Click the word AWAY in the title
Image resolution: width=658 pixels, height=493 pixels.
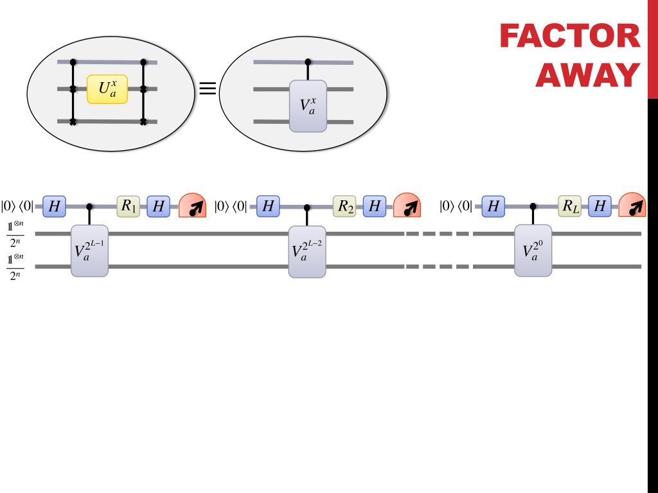(x=587, y=76)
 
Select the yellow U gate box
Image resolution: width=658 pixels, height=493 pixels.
(x=107, y=89)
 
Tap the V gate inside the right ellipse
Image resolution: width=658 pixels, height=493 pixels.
(x=308, y=106)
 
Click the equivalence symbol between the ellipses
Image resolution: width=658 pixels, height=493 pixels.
(x=207, y=88)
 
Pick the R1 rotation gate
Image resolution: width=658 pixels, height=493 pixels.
(x=128, y=206)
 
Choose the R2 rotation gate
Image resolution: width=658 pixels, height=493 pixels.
(x=344, y=206)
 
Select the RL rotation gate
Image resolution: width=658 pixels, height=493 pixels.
(x=570, y=206)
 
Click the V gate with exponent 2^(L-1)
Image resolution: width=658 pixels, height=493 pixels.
(x=89, y=251)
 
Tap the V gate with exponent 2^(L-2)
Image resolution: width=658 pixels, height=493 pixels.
(x=307, y=251)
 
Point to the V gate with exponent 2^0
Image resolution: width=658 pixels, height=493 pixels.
(x=533, y=250)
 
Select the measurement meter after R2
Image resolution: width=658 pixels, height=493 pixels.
(x=407, y=206)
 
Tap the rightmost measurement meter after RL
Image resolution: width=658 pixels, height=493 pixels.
(x=632, y=206)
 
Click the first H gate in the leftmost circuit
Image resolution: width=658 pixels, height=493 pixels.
(x=55, y=206)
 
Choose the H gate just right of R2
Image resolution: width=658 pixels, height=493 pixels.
(x=374, y=206)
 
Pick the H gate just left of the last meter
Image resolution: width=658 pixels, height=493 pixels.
(x=600, y=206)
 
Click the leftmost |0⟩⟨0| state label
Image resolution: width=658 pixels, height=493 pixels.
(x=17, y=206)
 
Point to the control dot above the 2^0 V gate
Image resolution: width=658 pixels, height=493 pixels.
(x=533, y=206)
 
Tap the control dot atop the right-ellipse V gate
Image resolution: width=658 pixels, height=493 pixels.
(x=308, y=62)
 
